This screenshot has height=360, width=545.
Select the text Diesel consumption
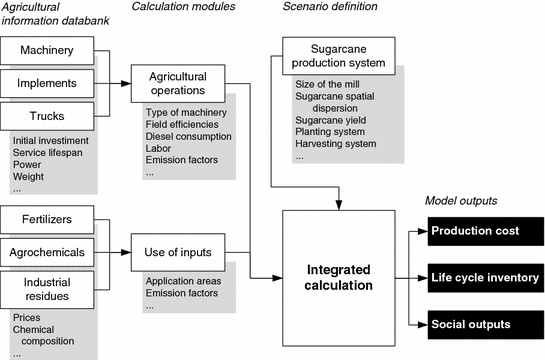pos(188,136)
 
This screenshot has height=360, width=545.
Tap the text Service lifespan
pos(52,152)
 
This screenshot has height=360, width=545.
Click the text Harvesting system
pos(336,143)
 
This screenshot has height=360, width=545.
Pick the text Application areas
pos(185,282)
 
